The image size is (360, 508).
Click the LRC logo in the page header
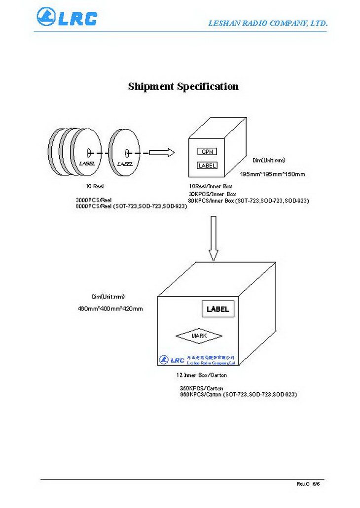pos(67,17)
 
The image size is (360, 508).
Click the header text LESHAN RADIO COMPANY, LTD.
pos(267,23)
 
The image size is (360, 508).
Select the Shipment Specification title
pos(183,87)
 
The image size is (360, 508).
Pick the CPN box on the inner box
pos(207,152)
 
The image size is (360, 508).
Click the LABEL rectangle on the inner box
pos(207,166)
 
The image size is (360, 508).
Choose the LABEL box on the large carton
pos(217,309)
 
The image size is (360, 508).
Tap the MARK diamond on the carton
pos(199,336)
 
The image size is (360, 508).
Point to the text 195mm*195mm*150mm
pos(272,174)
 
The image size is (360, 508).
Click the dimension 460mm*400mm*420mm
pos(110,309)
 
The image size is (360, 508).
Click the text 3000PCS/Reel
pos(94,200)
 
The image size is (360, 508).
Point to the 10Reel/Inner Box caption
pos(211,187)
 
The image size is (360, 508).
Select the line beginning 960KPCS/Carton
pos(238,395)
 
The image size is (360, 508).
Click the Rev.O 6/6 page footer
pos(308,484)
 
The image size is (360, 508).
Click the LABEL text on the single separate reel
pos(125,164)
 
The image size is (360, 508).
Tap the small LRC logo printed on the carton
pos(171,360)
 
